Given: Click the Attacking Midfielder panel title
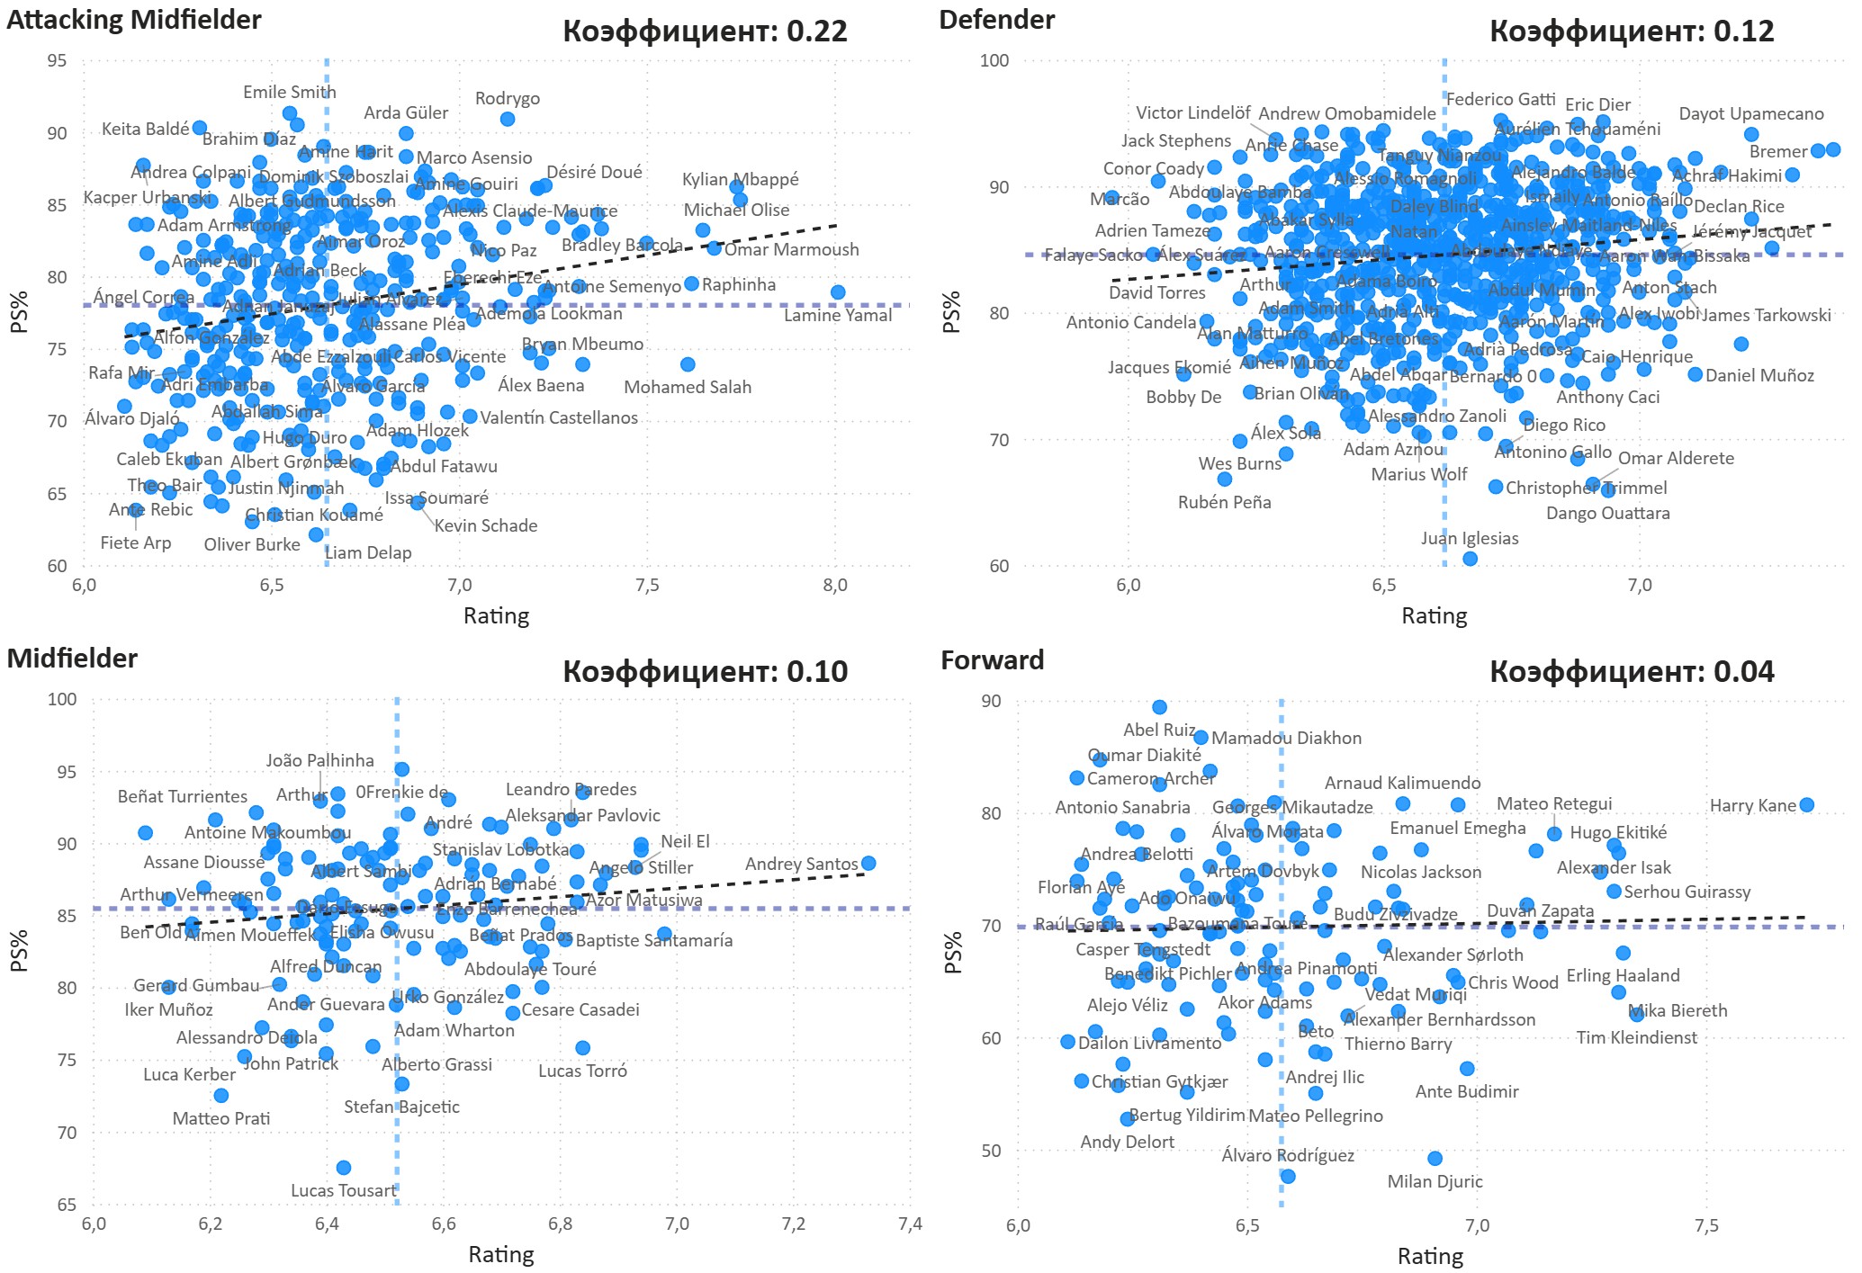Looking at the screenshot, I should (x=133, y=20).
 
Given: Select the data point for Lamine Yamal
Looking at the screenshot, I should (x=838, y=292).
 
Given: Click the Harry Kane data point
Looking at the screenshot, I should (x=1806, y=805).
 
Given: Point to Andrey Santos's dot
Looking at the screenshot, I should (x=868, y=864).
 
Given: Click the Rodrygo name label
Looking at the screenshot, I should (x=508, y=98).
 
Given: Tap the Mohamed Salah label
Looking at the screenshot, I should (x=688, y=387).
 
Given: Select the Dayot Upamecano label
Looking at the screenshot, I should (x=1750, y=113).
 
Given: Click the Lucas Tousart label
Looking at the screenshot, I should (x=343, y=1190).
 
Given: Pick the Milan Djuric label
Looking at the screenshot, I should (x=1435, y=1181).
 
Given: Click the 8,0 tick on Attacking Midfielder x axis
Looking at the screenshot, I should (x=835, y=586).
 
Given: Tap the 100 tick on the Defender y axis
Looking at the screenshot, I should (x=994, y=60).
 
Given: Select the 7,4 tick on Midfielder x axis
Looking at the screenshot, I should (x=910, y=1224).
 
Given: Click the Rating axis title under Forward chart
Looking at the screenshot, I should (x=1430, y=1256).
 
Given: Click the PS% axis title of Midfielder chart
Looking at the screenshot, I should (x=19, y=951).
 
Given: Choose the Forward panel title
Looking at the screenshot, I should (x=992, y=660).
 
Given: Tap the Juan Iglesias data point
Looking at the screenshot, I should (x=1470, y=559).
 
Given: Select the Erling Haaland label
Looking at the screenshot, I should (x=1623, y=975).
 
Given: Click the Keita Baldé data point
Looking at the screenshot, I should (x=200, y=128).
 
